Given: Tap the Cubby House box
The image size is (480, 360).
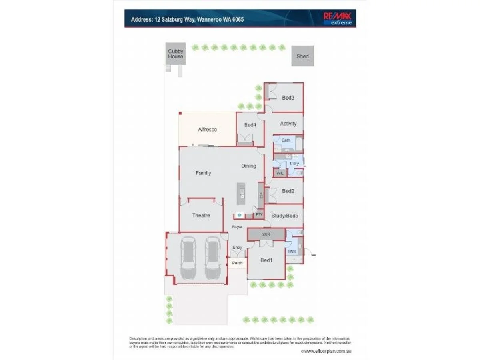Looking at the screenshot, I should click(x=176, y=54).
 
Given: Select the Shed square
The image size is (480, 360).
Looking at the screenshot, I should click(x=302, y=56).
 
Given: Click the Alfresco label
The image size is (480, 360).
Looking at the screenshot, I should click(x=207, y=130).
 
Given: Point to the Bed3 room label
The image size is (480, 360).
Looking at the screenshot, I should click(x=288, y=98).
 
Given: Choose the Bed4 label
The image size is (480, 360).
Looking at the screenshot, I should click(x=250, y=125).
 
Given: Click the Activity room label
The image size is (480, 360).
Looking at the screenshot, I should click(x=288, y=124).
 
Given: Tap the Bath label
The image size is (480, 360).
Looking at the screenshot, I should click(x=286, y=140).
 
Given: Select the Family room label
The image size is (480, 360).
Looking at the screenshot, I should click(x=203, y=173).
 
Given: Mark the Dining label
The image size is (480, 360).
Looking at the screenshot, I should click(x=248, y=166).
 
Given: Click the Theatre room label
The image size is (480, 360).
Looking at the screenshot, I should click(x=201, y=216).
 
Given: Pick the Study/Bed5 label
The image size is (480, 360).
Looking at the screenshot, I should click(x=284, y=216).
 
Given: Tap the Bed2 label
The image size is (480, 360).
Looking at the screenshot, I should click(x=288, y=191).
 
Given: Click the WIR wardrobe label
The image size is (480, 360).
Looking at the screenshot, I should click(x=266, y=234).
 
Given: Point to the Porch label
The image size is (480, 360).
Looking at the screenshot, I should click(x=237, y=263).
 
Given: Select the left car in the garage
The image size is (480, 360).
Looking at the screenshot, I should click(x=188, y=258).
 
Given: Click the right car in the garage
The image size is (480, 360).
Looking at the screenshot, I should click(x=213, y=258).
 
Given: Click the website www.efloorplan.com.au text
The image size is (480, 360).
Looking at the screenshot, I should click(x=327, y=351).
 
